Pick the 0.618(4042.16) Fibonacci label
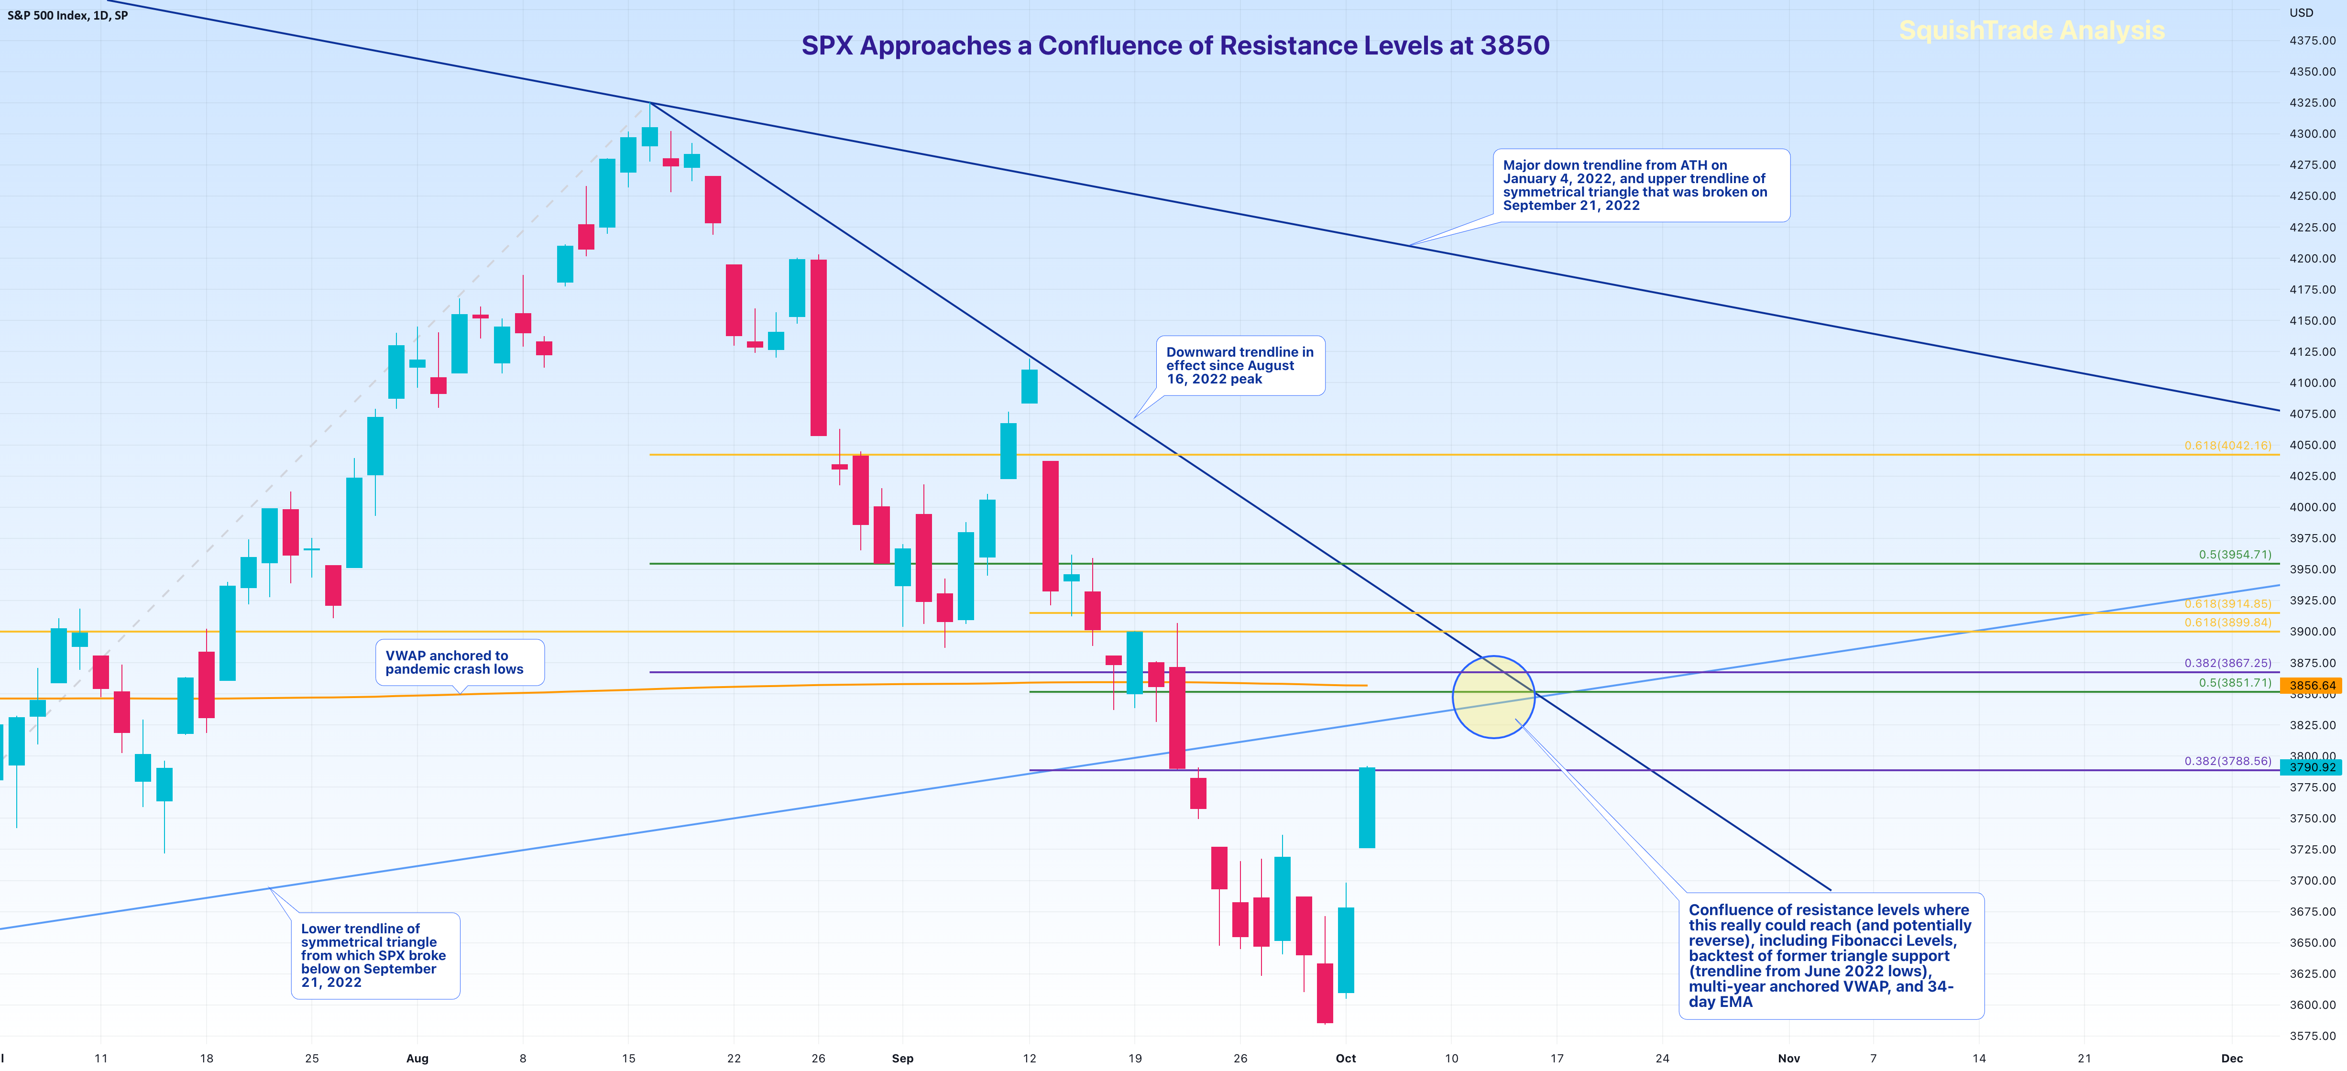click(x=2227, y=445)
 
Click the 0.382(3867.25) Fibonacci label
click(x=2227, y=663)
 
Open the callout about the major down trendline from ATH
click(x=1640, y=185)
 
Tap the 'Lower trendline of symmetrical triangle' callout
click(x=374, y=955)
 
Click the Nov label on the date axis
click(x=1788, y=1058)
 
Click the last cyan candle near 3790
click(x=1367, y=808)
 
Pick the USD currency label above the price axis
click(x=2302, y=13)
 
